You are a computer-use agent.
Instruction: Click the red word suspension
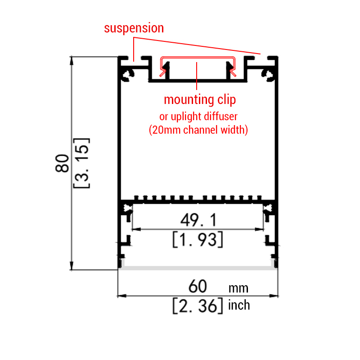134,28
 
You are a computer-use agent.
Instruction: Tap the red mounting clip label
200,100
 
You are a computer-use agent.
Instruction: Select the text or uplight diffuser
198,117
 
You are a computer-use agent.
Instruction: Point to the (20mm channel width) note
198,130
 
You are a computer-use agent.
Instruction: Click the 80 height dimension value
62,163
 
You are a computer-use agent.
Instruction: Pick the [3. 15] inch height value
81,163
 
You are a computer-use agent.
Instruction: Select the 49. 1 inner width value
198,220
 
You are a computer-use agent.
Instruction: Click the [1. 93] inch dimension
198,240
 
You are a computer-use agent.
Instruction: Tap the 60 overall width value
198,286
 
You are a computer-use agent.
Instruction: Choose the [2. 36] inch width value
198,306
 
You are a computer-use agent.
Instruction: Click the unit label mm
238,288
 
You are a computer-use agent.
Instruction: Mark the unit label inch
239,306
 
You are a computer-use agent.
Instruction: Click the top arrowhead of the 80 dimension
72,60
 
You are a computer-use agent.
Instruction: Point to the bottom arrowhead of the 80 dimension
72,266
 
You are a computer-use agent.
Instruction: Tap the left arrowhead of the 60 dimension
121,296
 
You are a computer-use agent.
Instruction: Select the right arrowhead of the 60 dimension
274,296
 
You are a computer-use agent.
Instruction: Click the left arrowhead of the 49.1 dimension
136,229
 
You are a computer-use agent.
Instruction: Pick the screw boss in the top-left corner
127,76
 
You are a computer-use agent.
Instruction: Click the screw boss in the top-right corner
268,76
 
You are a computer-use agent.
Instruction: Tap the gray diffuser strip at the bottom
198,268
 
